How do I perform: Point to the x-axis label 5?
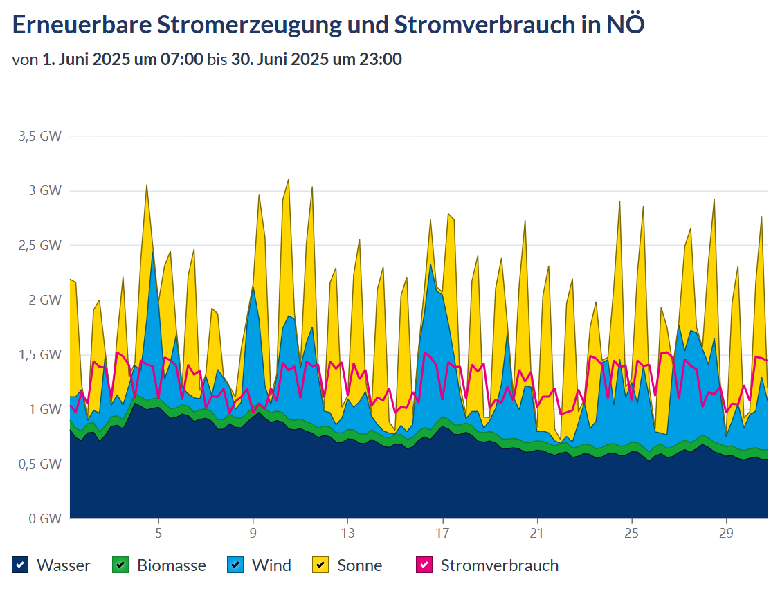coord(158,534)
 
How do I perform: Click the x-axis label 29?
coord(726,534)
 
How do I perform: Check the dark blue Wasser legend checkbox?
coord(21,565)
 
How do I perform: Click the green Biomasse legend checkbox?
coord(121,565)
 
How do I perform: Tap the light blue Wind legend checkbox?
coord(235,565)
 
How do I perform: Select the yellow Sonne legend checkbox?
coord(321,565)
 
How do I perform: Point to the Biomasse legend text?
coord(172,565)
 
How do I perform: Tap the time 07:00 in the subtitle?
coord(183,60)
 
